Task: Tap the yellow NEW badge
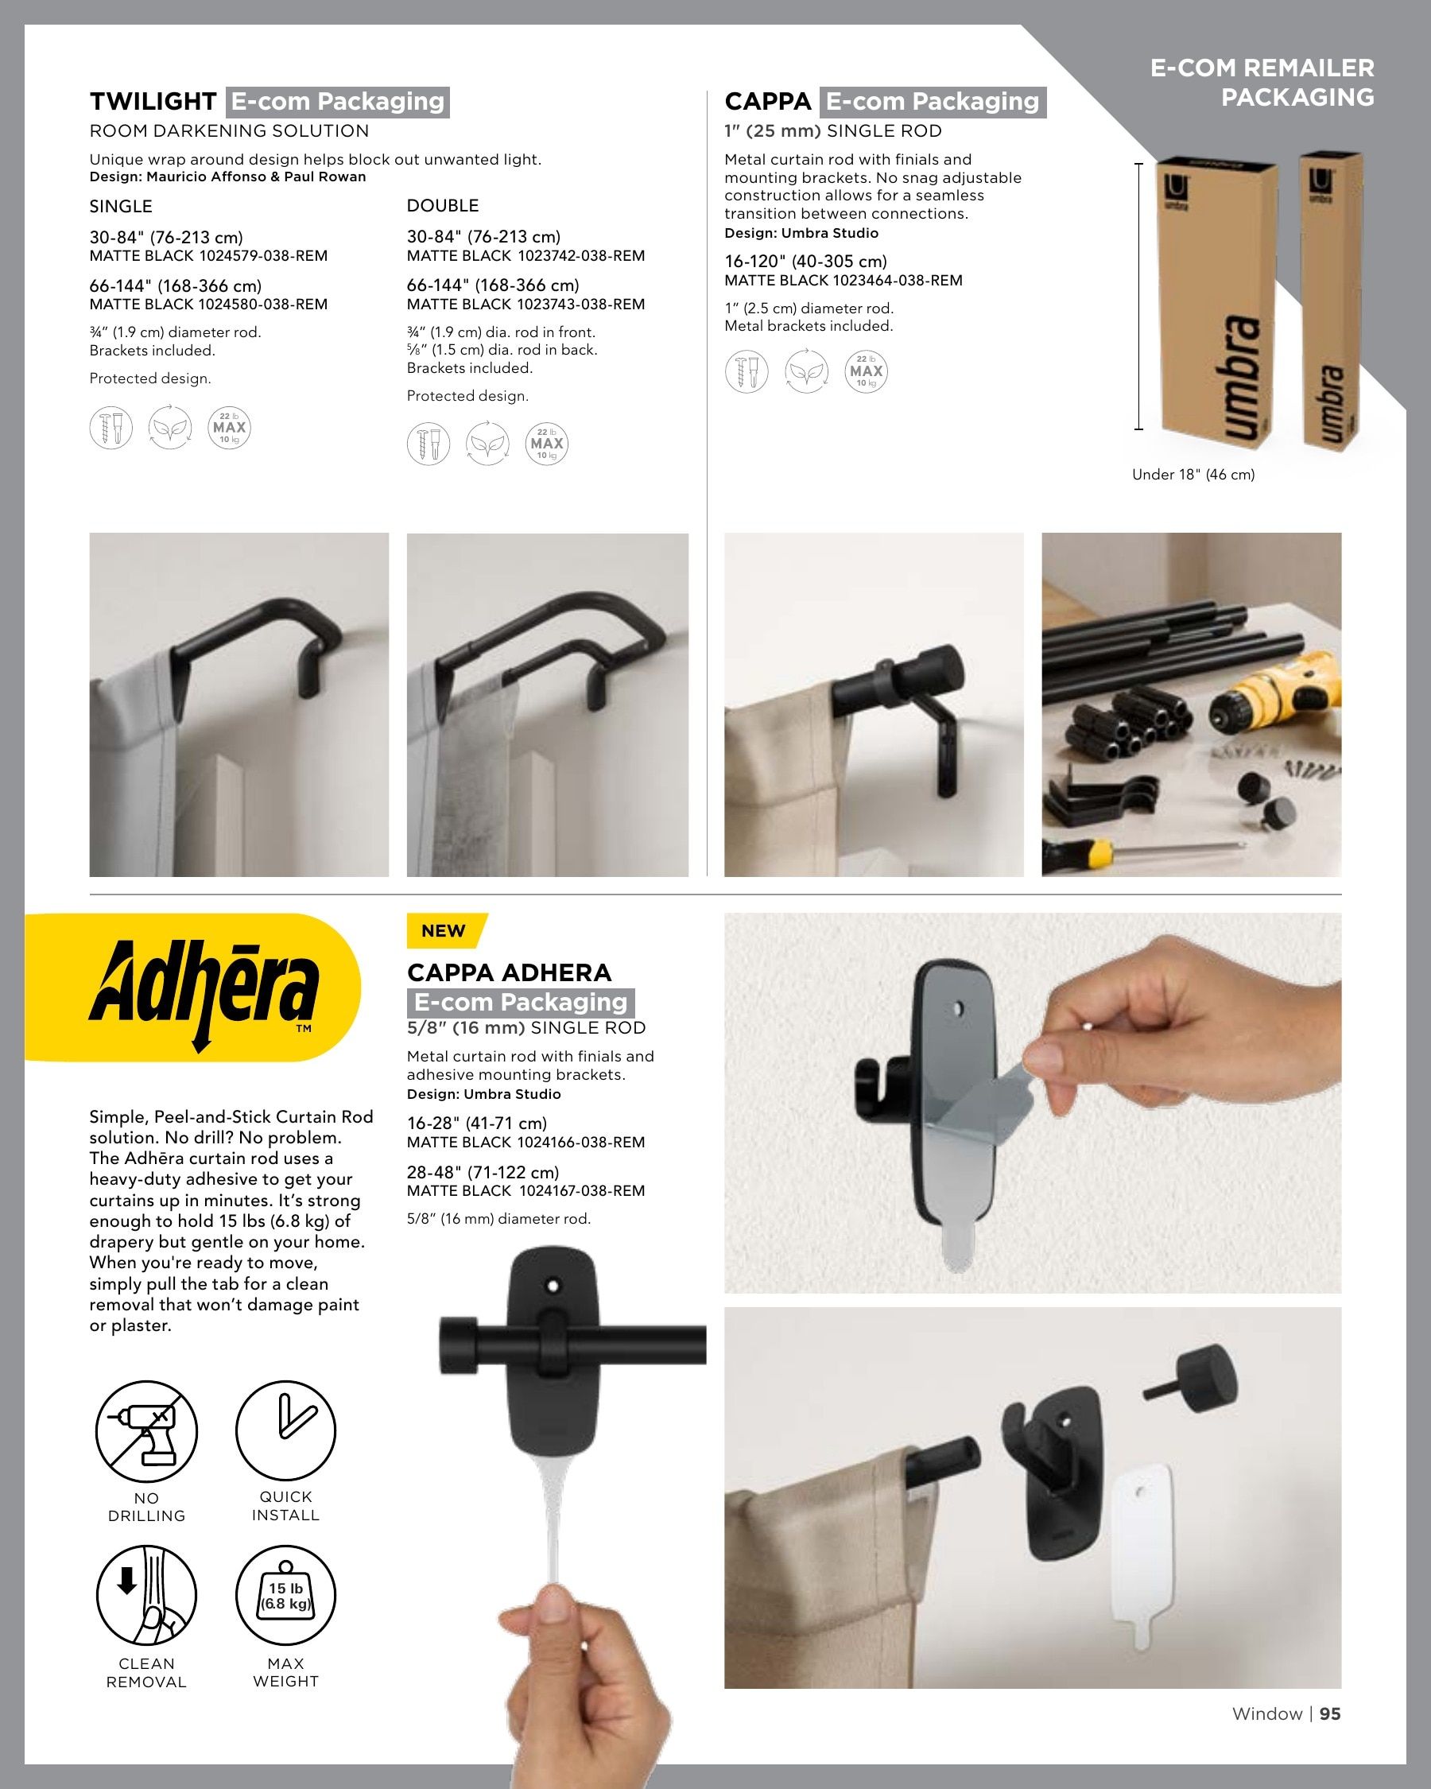446,930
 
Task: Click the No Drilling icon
147,1431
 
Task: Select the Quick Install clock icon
285,1430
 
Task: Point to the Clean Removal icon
147,1595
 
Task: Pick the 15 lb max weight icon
285,1595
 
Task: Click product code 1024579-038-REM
263,255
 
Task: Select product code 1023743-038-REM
580,305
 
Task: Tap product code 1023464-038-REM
898,281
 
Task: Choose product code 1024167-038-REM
581,1191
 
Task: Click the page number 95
1330,1713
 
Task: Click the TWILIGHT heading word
153,101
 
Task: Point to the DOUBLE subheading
443,206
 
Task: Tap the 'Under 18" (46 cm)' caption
1193,475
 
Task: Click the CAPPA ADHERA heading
509,972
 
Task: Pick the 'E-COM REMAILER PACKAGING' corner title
1262,82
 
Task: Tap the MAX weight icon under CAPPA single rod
866,371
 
